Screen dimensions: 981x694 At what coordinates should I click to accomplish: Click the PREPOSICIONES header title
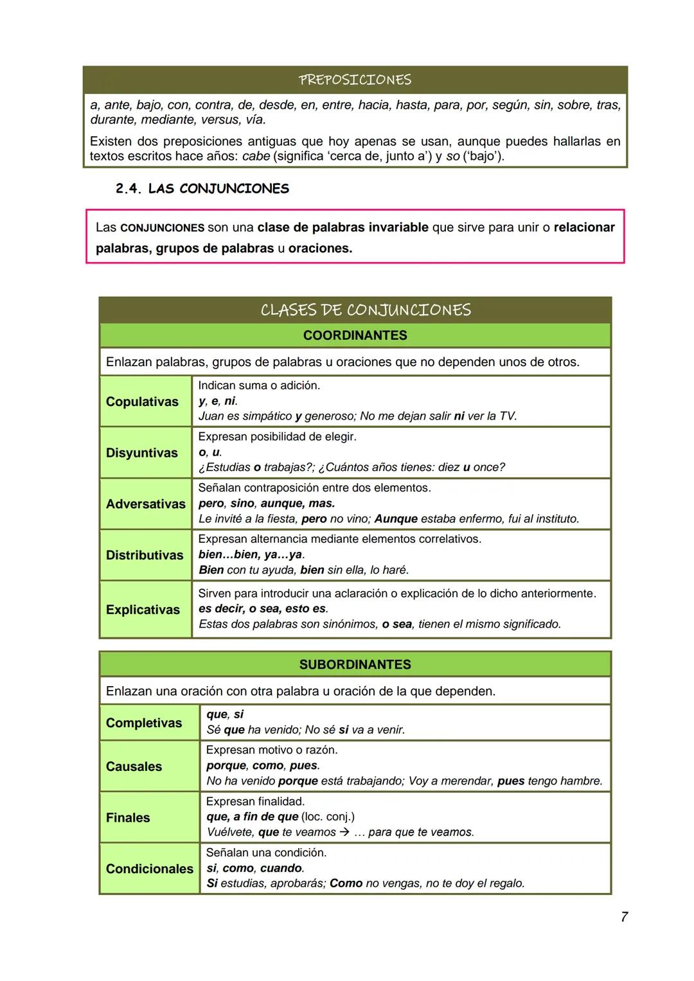click(355, 80)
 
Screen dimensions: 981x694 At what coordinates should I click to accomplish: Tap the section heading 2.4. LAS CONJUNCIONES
click(202, 189)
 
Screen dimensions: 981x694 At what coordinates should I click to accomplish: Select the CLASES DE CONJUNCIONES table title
click(365, 310)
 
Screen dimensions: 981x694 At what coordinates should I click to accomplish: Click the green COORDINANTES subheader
click(355, 335)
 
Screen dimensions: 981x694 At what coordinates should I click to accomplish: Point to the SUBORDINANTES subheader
click(355, 664)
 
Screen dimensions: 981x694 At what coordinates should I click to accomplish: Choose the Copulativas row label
click(142, 402)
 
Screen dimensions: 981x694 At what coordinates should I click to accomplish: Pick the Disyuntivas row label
click(141, 453)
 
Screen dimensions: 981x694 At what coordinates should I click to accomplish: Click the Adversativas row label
click(145, 504)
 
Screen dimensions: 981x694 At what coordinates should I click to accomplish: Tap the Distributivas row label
click(145, 555)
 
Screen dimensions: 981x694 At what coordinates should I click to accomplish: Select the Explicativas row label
click(143, 610)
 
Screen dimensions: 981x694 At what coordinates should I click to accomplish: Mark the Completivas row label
click(144, 723)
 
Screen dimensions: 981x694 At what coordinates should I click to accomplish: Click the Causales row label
click(134, 766)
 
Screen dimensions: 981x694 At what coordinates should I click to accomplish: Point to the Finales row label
click(128, 818)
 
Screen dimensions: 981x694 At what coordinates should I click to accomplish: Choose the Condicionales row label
click(149, 869)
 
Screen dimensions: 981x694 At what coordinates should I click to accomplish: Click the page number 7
click(624, 917)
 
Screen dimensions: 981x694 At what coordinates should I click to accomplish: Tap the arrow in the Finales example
click(344, 833)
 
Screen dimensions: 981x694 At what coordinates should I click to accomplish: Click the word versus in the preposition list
click(220, 120)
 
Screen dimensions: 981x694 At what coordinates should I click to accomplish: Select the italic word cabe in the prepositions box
click(256, 156)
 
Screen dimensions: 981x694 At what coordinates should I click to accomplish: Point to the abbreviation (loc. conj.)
click(328, 817)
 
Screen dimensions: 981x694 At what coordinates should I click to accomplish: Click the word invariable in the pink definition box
click(398, 227)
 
